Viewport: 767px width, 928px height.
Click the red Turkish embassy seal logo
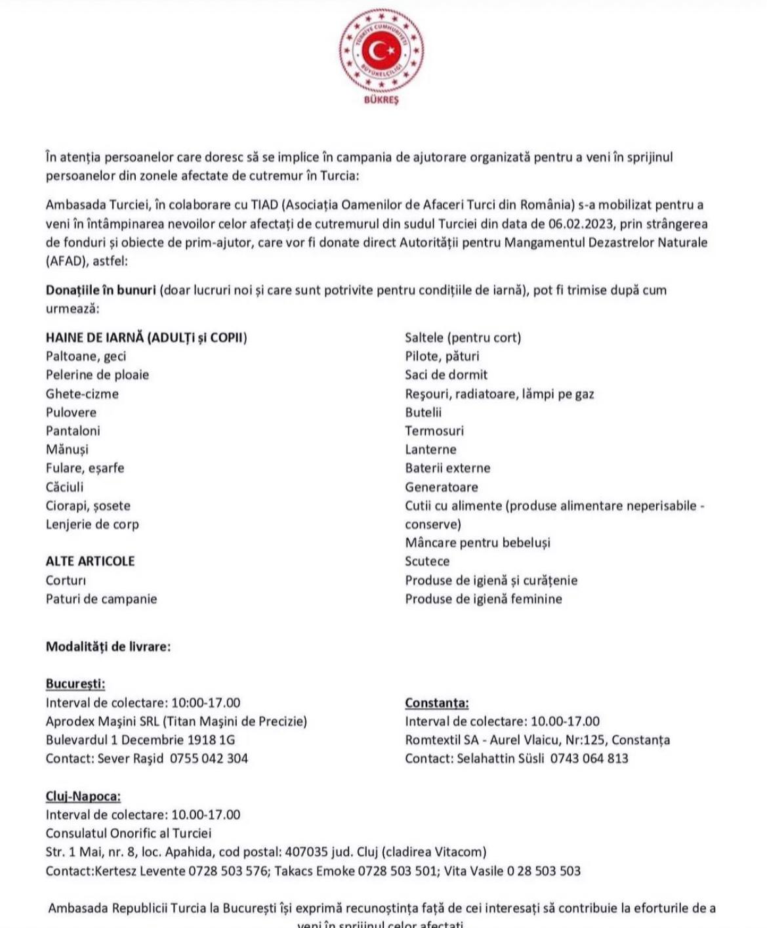pos(381,51)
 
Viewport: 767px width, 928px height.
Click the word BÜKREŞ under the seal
pos(381,100)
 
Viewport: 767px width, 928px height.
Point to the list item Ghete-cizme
pos(82,394)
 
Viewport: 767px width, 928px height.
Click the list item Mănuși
pos(67,450)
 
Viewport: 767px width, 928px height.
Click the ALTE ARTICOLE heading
pos(90,561)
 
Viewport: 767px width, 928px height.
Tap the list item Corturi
pos(66,580)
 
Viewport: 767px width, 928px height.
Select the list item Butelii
pos(423,412)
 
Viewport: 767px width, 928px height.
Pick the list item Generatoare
pos(441,487)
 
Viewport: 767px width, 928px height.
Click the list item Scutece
pos(427,561)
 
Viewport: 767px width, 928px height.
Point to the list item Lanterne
pos(430,450)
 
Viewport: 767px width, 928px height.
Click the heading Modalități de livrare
pos(108,646)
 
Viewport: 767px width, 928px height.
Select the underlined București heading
pos(75,684)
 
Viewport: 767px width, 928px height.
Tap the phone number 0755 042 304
pos(209,759)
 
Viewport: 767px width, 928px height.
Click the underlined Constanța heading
pos(437,703)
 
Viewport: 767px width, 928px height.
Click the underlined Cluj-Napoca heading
pos(83,796)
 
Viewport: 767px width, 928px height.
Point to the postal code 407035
pos(306,853)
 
